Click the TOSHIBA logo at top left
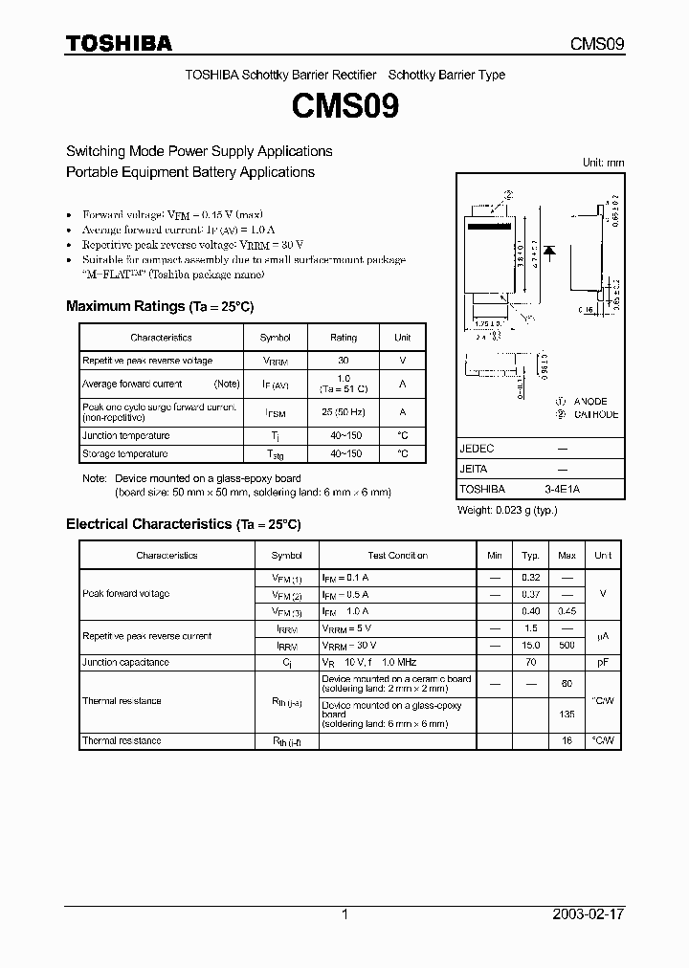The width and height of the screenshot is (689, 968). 119,43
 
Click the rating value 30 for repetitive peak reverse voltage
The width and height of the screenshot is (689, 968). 344,361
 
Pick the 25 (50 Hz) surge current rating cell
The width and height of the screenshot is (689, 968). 344,411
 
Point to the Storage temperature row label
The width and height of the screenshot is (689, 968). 125,453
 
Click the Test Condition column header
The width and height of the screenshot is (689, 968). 397,555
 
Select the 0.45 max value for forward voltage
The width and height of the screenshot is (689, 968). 567,610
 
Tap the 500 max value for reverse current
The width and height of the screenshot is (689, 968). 567,646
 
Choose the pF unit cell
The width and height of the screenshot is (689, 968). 603,662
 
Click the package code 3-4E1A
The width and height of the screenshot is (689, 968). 562,488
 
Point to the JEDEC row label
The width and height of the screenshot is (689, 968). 477,448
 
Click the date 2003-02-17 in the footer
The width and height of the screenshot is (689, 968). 589,914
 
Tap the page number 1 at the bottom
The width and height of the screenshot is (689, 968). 344,914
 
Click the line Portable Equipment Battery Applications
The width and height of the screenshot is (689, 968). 189,172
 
